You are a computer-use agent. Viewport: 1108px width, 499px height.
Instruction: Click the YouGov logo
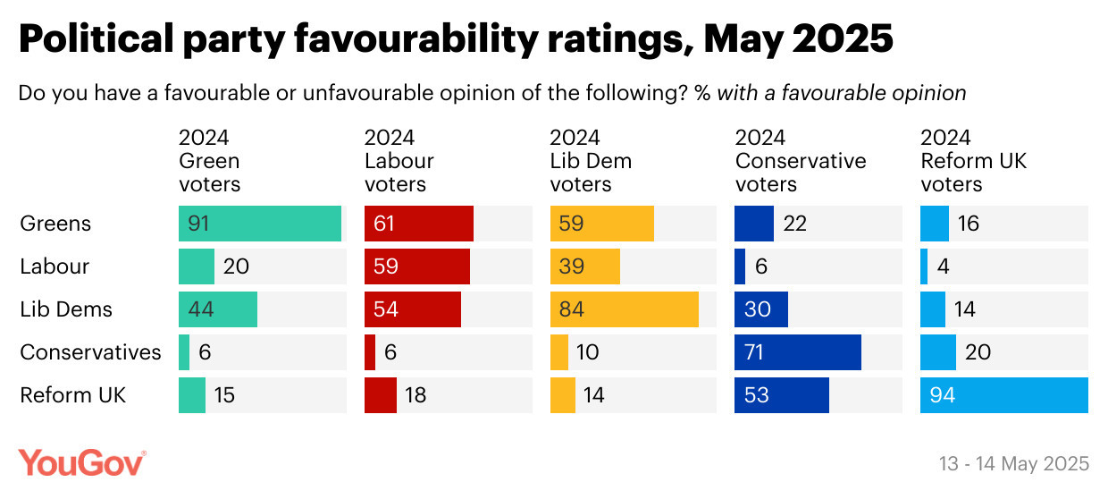pyautogui.click(x=82, y=462)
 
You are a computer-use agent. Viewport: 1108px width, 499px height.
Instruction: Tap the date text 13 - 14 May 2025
pyautogui.click(x=1014, y=463)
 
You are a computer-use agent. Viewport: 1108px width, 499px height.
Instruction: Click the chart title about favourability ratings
pyautogui.click(x=456, y=40)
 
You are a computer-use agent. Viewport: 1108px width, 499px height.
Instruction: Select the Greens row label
pyautogui.click(x=55, y=224)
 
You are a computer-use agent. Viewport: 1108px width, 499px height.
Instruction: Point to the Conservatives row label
pyautogui.click(x=90, y=352)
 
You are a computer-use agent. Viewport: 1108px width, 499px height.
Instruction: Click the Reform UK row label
pyautogui.click(x=73, y=395)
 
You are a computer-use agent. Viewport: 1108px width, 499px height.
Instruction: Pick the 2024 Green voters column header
pyautogui.click(x=209, y=161)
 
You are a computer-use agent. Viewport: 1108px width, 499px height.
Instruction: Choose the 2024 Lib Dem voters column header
pyautogui.click(x=590, y=161)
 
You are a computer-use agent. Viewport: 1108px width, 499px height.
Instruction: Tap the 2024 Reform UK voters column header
pyautogui.click(x=974, y=161)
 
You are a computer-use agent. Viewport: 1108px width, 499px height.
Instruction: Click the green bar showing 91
pyautogui.click(x=260, y=224)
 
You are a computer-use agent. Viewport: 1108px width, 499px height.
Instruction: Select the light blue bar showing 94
pyautogui.click(x=1003, y=395)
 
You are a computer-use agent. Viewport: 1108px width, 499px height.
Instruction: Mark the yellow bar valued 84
pyautogui.click(x=624, y=309)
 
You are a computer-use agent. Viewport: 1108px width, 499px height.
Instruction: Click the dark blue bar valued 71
pyautogui.click(x=797, y=352)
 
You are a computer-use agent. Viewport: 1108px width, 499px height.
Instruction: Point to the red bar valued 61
pyautogui.click(x=418, y=224)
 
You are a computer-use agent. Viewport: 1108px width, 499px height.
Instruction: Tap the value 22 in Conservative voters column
pyautogui.click(x=794, y=224)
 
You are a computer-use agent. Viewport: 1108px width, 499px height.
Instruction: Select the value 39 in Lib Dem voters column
pyautogui.click(x=571, y=266)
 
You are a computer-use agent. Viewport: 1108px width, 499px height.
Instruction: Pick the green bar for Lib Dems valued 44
pyautogui.click(x=217, y=309)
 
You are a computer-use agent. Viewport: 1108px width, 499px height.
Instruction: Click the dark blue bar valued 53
pyautogui.click(x=781, y=395)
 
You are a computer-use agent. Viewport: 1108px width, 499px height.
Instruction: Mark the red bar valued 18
pyautogui.click(x=380, y=395)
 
